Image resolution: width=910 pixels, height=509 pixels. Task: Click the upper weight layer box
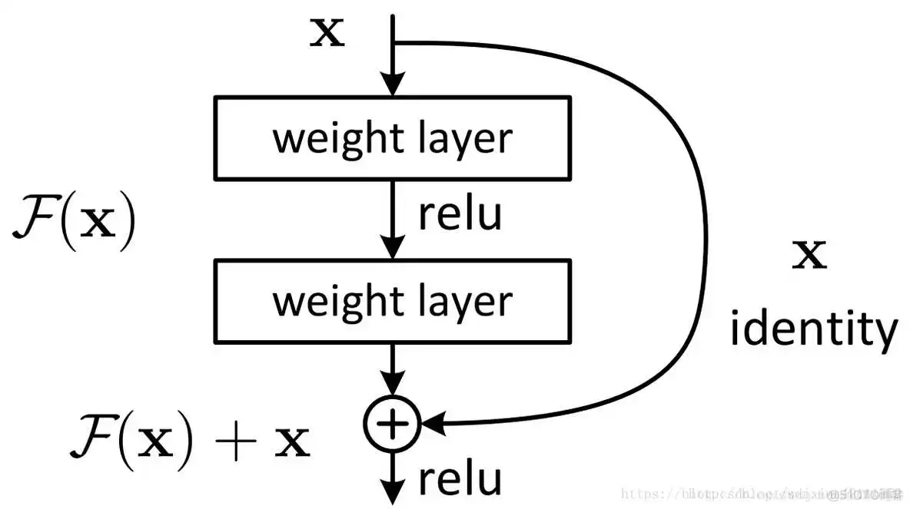point(393,138)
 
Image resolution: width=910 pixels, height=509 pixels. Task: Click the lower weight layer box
point(393,301)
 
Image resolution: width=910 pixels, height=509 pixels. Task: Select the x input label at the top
point(327,35)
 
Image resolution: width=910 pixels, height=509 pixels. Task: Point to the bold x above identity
point(810,256)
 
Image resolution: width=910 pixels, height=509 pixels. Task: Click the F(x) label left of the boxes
point(74,221)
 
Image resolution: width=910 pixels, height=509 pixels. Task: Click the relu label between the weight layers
point(460,214)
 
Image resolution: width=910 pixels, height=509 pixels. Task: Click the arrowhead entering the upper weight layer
point(393,85)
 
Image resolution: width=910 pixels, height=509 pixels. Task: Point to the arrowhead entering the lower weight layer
point(393,248)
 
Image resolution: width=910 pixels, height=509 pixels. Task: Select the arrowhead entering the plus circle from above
point(393,385)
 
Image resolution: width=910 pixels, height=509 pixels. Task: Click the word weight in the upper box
point(330,139)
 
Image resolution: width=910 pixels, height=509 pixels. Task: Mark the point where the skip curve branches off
point(394,42)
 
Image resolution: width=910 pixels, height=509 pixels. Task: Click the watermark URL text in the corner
point(761,492)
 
